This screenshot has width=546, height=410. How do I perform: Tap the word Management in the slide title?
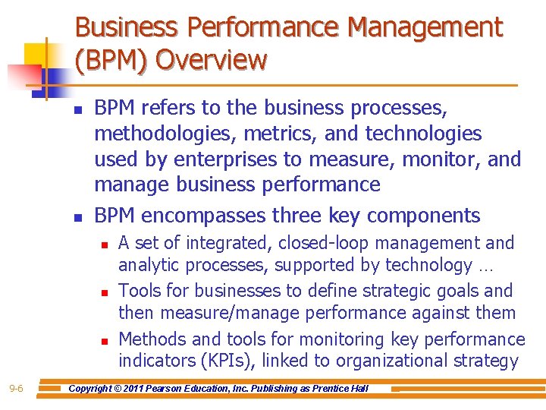click(x=425, y=27)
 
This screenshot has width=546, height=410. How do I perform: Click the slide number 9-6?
click(x=16, y=389)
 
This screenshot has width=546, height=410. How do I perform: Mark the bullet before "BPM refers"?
click(x=78, y=111)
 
